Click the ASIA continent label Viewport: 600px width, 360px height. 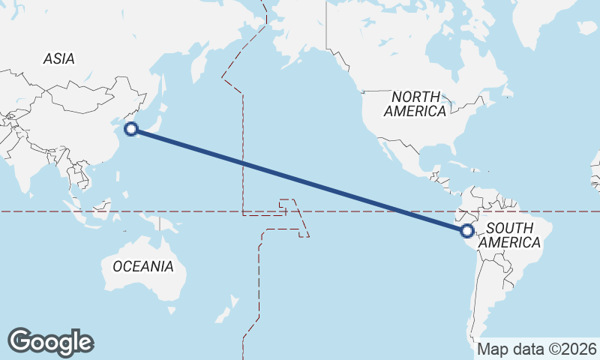pos(59,58)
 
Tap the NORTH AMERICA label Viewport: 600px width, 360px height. pos(415,103)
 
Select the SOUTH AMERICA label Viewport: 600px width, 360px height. pos(509,235)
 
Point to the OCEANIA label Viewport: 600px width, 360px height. pos(142,266)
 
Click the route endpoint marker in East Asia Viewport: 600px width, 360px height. pos(131,129)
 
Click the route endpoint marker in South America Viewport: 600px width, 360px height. pos(467,231)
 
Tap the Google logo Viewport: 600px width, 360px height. pos(50,342)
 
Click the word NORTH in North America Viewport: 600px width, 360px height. pos(415,96)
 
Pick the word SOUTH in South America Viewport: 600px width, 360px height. pos(509,227)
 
